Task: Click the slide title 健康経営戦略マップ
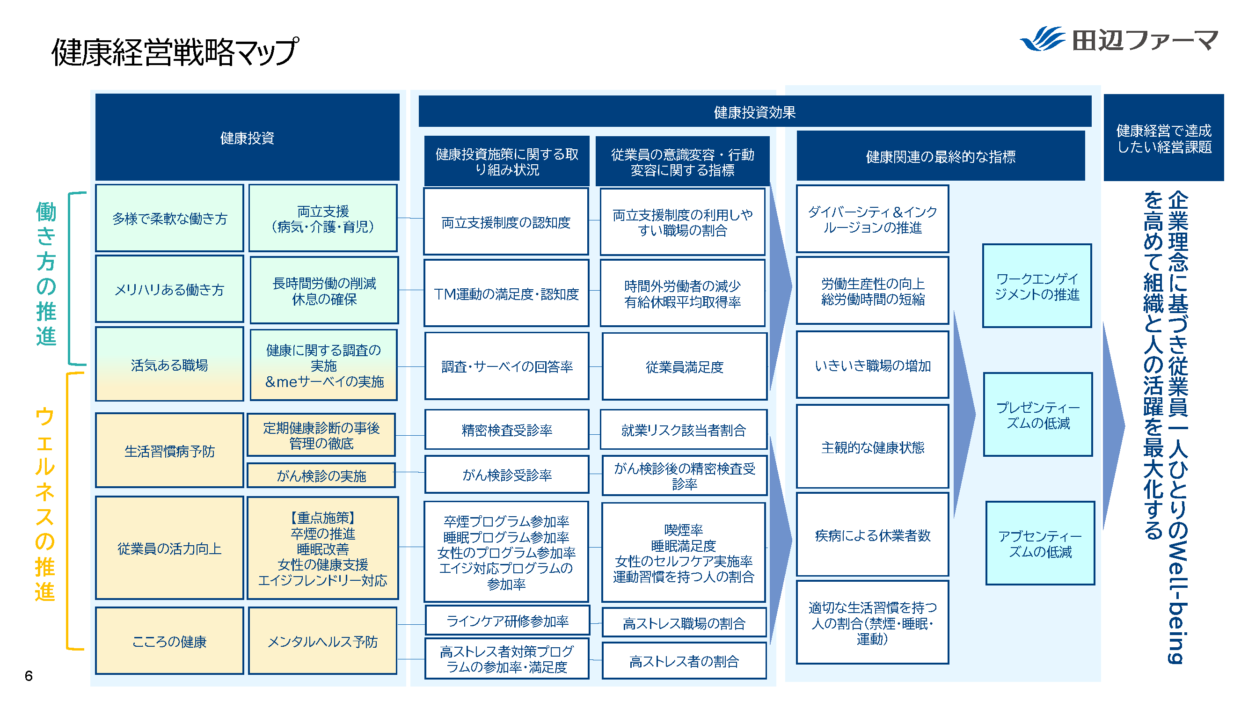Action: click(175, 52)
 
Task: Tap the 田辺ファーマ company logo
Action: click(1119, 39)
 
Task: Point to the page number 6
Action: click(29, 676)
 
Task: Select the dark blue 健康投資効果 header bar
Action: click(754, 112)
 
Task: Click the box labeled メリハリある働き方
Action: click(169, 289)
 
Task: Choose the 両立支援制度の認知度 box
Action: click(506, 222)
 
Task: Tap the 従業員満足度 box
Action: click(684, 367)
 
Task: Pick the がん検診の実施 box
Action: click(321, 475)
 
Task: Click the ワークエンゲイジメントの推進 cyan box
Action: click(1037, 286)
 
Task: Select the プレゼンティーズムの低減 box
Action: click(1038, 415)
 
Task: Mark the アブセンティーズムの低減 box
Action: click(1040, 543)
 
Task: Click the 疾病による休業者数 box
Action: click(872, 535)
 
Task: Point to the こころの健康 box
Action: click(169, 641)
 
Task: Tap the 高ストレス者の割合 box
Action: click(684, 661)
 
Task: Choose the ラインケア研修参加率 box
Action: click(507, 621)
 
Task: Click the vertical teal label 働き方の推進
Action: click(46, 274)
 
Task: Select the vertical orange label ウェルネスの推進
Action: click(45, 504)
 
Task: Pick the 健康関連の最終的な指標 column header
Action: click(941, 156)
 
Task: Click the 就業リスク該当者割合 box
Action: click(683, 430)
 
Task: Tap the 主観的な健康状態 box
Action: click(872, 446)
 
